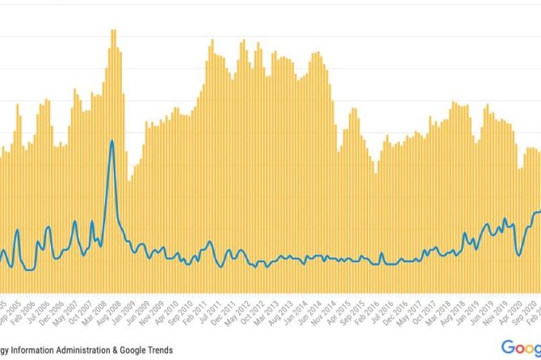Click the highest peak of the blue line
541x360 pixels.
111,141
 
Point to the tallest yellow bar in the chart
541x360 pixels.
113,32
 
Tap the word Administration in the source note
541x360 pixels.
116,349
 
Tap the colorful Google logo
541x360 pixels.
521,347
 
